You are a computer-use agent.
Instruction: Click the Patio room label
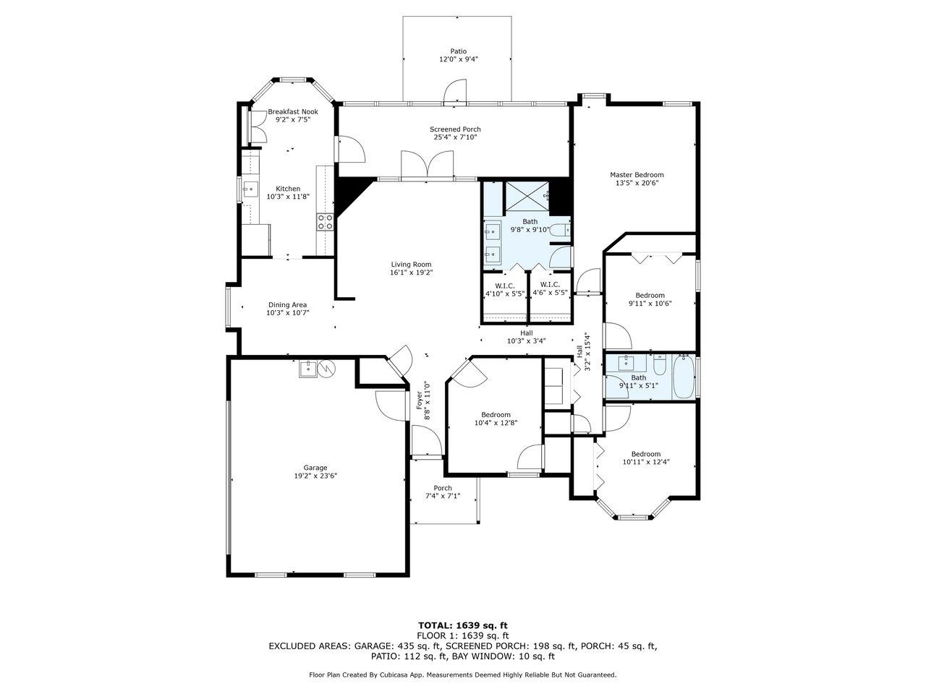[x=458, y=51]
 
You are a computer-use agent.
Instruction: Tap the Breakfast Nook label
[x=293, y=111]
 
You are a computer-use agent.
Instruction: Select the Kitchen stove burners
[x=325, y=222]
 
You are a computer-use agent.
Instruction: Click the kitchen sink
[x=250, y=189]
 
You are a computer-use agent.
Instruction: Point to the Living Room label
[x=411, y=265]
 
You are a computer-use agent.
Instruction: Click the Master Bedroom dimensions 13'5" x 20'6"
[x=637, y=183]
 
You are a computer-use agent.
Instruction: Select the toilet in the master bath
[x=561, y=231]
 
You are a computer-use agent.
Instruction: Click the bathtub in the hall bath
[x=683, y=377]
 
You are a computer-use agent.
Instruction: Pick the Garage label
[x=315, y=468]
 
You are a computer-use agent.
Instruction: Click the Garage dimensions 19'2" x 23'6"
[x=315, y=476]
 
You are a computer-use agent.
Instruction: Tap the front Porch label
[x=443, y=488]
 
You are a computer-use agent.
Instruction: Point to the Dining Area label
[x=288, y=304]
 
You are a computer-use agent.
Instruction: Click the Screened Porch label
[x=455, y=129]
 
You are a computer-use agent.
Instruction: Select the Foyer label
[x=420, y=400]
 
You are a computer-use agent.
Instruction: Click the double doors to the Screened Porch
[x=428, y=164]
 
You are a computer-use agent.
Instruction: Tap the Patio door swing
[x=455, y=90]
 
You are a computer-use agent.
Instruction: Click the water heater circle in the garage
[x=326, y=369]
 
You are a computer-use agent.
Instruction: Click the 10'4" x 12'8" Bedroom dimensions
[x=496, y=423]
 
